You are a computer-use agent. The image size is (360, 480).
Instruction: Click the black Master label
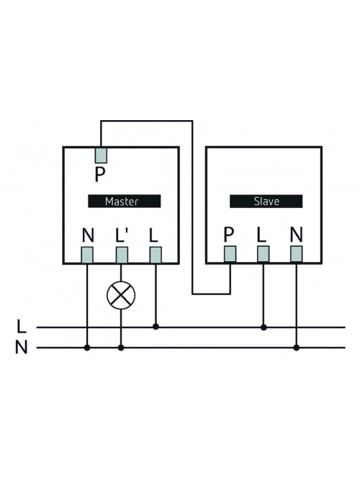(125, 201)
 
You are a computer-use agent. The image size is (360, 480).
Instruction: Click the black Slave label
(266, 201)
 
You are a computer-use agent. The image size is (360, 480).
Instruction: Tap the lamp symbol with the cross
(121, 295)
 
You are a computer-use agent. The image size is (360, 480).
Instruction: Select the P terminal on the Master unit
(101, 155)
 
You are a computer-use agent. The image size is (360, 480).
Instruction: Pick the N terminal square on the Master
(87, 255)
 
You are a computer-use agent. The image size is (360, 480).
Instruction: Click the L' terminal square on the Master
(122, 255)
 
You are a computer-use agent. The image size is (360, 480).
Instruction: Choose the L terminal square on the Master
(156, 255)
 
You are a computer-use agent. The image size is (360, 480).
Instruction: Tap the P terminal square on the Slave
(230, 254)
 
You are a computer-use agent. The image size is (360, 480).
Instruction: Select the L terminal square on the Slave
(264, 254)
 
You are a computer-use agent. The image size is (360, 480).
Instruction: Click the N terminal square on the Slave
(296, 254)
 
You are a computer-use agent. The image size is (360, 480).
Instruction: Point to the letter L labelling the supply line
(21, 326)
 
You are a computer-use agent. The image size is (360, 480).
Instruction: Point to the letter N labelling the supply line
(21, 348)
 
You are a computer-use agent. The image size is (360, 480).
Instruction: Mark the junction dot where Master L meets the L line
(156, 327)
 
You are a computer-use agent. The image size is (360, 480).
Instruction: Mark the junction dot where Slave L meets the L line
(264, 327)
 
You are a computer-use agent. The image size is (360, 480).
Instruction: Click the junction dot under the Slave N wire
(296, 348)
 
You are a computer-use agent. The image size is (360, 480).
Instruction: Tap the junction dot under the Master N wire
(87, 348)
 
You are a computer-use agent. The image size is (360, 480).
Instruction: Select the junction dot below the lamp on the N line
(121, 348)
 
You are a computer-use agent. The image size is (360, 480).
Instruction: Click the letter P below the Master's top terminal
(100, 175)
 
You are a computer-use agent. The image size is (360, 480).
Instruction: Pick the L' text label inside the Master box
(122, 235)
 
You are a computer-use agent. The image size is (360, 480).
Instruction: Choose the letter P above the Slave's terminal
(229, 235)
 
